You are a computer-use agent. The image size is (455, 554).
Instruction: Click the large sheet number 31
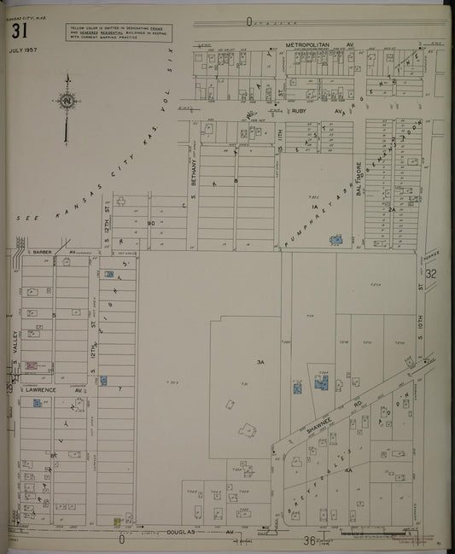(x=20, y=32)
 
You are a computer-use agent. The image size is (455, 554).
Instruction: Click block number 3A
(x=260, y=363)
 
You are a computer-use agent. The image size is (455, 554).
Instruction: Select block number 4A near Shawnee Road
(x=348, y=470)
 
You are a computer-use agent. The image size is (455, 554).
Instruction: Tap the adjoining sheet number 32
(x=431, y=274)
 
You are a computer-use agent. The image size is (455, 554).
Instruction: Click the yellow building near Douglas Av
(x=117, y=521)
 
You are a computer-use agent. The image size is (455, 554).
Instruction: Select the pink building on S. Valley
(x=32, y=365)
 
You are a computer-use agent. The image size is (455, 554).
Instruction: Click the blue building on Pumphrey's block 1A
(x=335, y=240)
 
